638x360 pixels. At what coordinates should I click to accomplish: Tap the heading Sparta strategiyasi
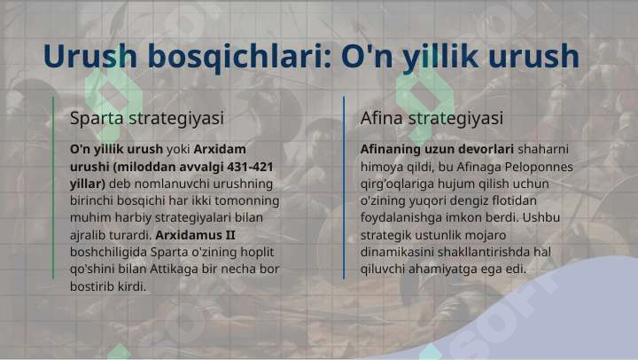coord(147,119)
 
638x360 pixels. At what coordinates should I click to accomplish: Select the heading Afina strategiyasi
coord(432,119)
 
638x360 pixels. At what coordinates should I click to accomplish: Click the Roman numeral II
coord(230,235)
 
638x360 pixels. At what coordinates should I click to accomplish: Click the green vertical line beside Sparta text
coord(53,188)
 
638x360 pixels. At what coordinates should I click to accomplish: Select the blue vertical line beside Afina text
coord(344,188)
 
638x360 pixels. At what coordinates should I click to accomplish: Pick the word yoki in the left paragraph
coord(178,150)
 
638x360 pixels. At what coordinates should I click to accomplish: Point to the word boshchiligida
coord(108,253)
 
